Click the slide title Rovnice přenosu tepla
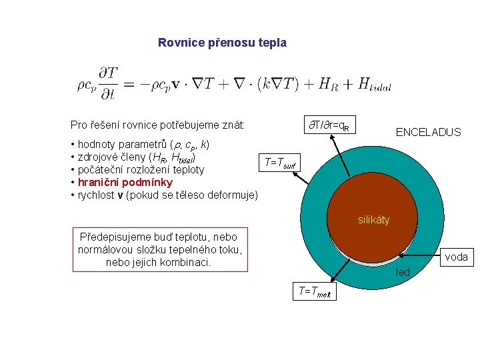pos(222,43)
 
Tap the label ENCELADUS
pos(428,132)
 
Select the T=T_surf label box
pos(282,163)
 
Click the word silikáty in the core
pos(373,219)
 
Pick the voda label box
pos(456,257)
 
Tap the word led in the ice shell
pos(403,272)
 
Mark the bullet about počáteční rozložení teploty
pos(141,170)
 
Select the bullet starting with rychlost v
pos(164,195)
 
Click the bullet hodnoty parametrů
pos(143,144)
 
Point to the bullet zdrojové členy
pos(136,157)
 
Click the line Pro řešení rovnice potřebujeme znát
pos(157,125)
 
